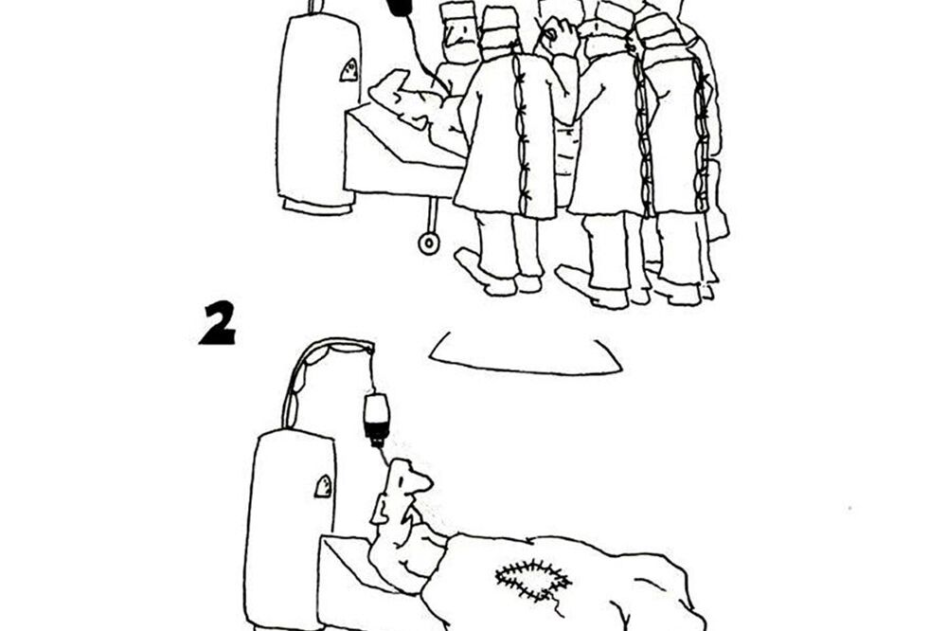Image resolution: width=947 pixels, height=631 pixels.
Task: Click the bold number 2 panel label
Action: pyautogui.click(x=217, y=323)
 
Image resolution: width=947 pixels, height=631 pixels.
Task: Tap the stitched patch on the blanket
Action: pyautogui.click(x=533, y=579)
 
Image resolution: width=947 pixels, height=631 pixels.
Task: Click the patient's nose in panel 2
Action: pyautogui.click(x=423, y=484)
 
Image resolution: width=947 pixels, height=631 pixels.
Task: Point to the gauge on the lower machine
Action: pyautogui.click(x=324, y=485)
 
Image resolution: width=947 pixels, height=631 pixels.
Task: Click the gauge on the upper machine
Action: pyautogui.click(x=349, y=69)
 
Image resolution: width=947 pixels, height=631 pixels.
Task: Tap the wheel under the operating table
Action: pyautogui.click(x=429, y=243)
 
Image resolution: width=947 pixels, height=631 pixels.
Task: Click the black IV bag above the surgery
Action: pyautogui.click(x=400, y=8)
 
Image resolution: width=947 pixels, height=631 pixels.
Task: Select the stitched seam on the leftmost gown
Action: pyautogui.click(x=519, y=133)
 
